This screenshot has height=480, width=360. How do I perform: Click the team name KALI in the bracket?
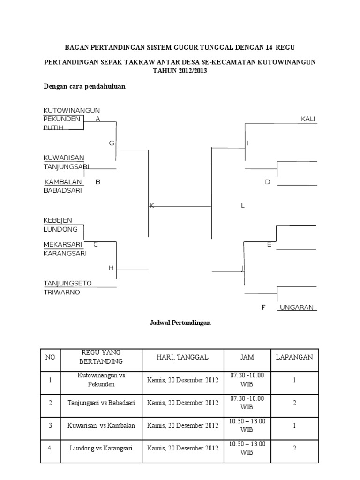point(307,119)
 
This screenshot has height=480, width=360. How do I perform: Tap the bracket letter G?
point(112,143)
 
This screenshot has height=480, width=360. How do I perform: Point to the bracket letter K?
point(152,206)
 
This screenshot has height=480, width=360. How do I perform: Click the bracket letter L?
point(243,206)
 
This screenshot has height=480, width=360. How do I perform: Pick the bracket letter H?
point(111,268)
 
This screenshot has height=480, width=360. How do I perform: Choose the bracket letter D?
point(268,182)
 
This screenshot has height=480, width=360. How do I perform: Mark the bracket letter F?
point(263,307)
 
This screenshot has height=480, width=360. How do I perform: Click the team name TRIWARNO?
point(62,292)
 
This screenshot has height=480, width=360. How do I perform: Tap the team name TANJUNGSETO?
point(67,283)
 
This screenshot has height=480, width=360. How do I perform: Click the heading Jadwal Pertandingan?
point(180,322)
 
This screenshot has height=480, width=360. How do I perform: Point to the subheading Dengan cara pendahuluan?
point(84,86)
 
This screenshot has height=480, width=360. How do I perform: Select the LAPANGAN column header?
point(294,357)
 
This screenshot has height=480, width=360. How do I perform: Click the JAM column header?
point(247,357)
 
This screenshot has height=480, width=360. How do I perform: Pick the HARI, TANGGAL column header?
point(183,357)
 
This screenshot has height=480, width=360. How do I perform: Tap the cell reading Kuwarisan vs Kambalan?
point(101,426)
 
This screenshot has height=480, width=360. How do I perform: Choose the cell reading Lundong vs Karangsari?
point(101,448)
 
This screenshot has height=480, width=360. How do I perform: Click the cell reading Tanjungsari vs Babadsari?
point(101,403)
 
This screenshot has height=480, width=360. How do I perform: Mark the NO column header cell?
point(50,357)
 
